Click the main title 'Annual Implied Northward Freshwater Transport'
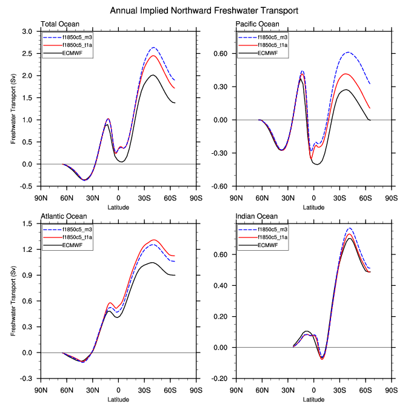(x=204, y=10)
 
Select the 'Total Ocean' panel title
(x=59, y=24)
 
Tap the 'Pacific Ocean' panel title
(x=257, y=24)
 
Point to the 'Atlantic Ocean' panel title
(x=64, y=216)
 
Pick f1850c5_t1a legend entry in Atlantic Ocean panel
(x=79, y=237)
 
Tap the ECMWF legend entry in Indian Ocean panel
(x=267, y=245)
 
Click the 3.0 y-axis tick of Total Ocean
(x=27, y=31)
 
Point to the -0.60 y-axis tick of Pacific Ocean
(x=222, y=186)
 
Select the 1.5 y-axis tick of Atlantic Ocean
(x=27, y=223)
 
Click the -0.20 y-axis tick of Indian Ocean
(x=222, y=379)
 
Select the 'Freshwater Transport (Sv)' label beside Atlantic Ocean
(x=13, y=300)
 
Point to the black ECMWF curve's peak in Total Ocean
(x=153, y=75)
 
